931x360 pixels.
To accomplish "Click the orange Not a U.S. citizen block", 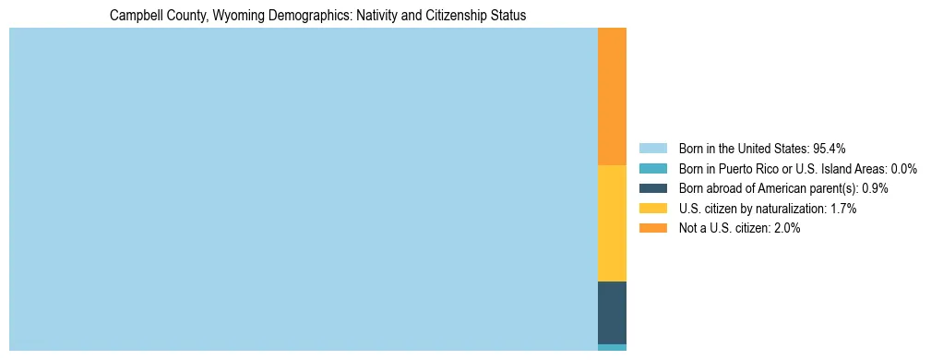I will [612, 96].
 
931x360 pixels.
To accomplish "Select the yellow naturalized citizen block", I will [612, 222].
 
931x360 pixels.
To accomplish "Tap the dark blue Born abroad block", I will [612, 313].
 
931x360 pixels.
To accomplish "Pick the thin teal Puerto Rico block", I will [612, 347].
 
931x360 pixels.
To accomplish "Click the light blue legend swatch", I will [652, 148].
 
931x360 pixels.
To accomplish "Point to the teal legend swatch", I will [652, 168].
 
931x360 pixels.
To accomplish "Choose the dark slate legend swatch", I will [652, 188].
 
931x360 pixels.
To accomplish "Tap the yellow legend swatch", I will [652, 209].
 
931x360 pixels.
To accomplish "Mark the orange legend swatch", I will [652, 229].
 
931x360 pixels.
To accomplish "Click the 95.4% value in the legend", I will [830, 148].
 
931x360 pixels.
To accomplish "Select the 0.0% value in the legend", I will [904, 168].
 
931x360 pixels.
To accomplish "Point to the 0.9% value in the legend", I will [875, 188].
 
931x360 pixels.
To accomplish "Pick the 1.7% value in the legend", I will [842, 209].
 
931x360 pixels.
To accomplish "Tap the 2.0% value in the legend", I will [786, 229].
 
